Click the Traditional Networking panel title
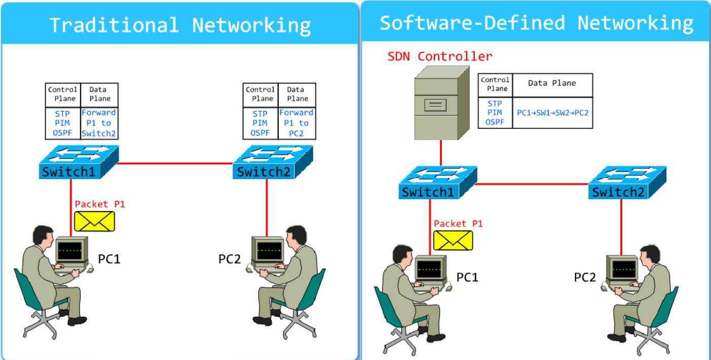(180, 25)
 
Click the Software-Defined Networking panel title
(536, 23)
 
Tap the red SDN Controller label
(439, 56)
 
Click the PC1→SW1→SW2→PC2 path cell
(552, 113)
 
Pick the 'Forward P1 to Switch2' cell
(99, 123)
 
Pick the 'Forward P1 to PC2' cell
(297, 123)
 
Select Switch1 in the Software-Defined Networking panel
(437, 183)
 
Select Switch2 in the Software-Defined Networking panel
(627, 183)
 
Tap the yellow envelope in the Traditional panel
(95, 221)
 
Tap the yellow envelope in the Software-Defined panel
(453, 240)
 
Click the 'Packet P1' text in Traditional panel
(99, 204)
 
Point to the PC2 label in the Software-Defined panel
(585, 277)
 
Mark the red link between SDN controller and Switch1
(440, 153)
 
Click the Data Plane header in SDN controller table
(552, 84)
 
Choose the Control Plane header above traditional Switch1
(63, 94)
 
